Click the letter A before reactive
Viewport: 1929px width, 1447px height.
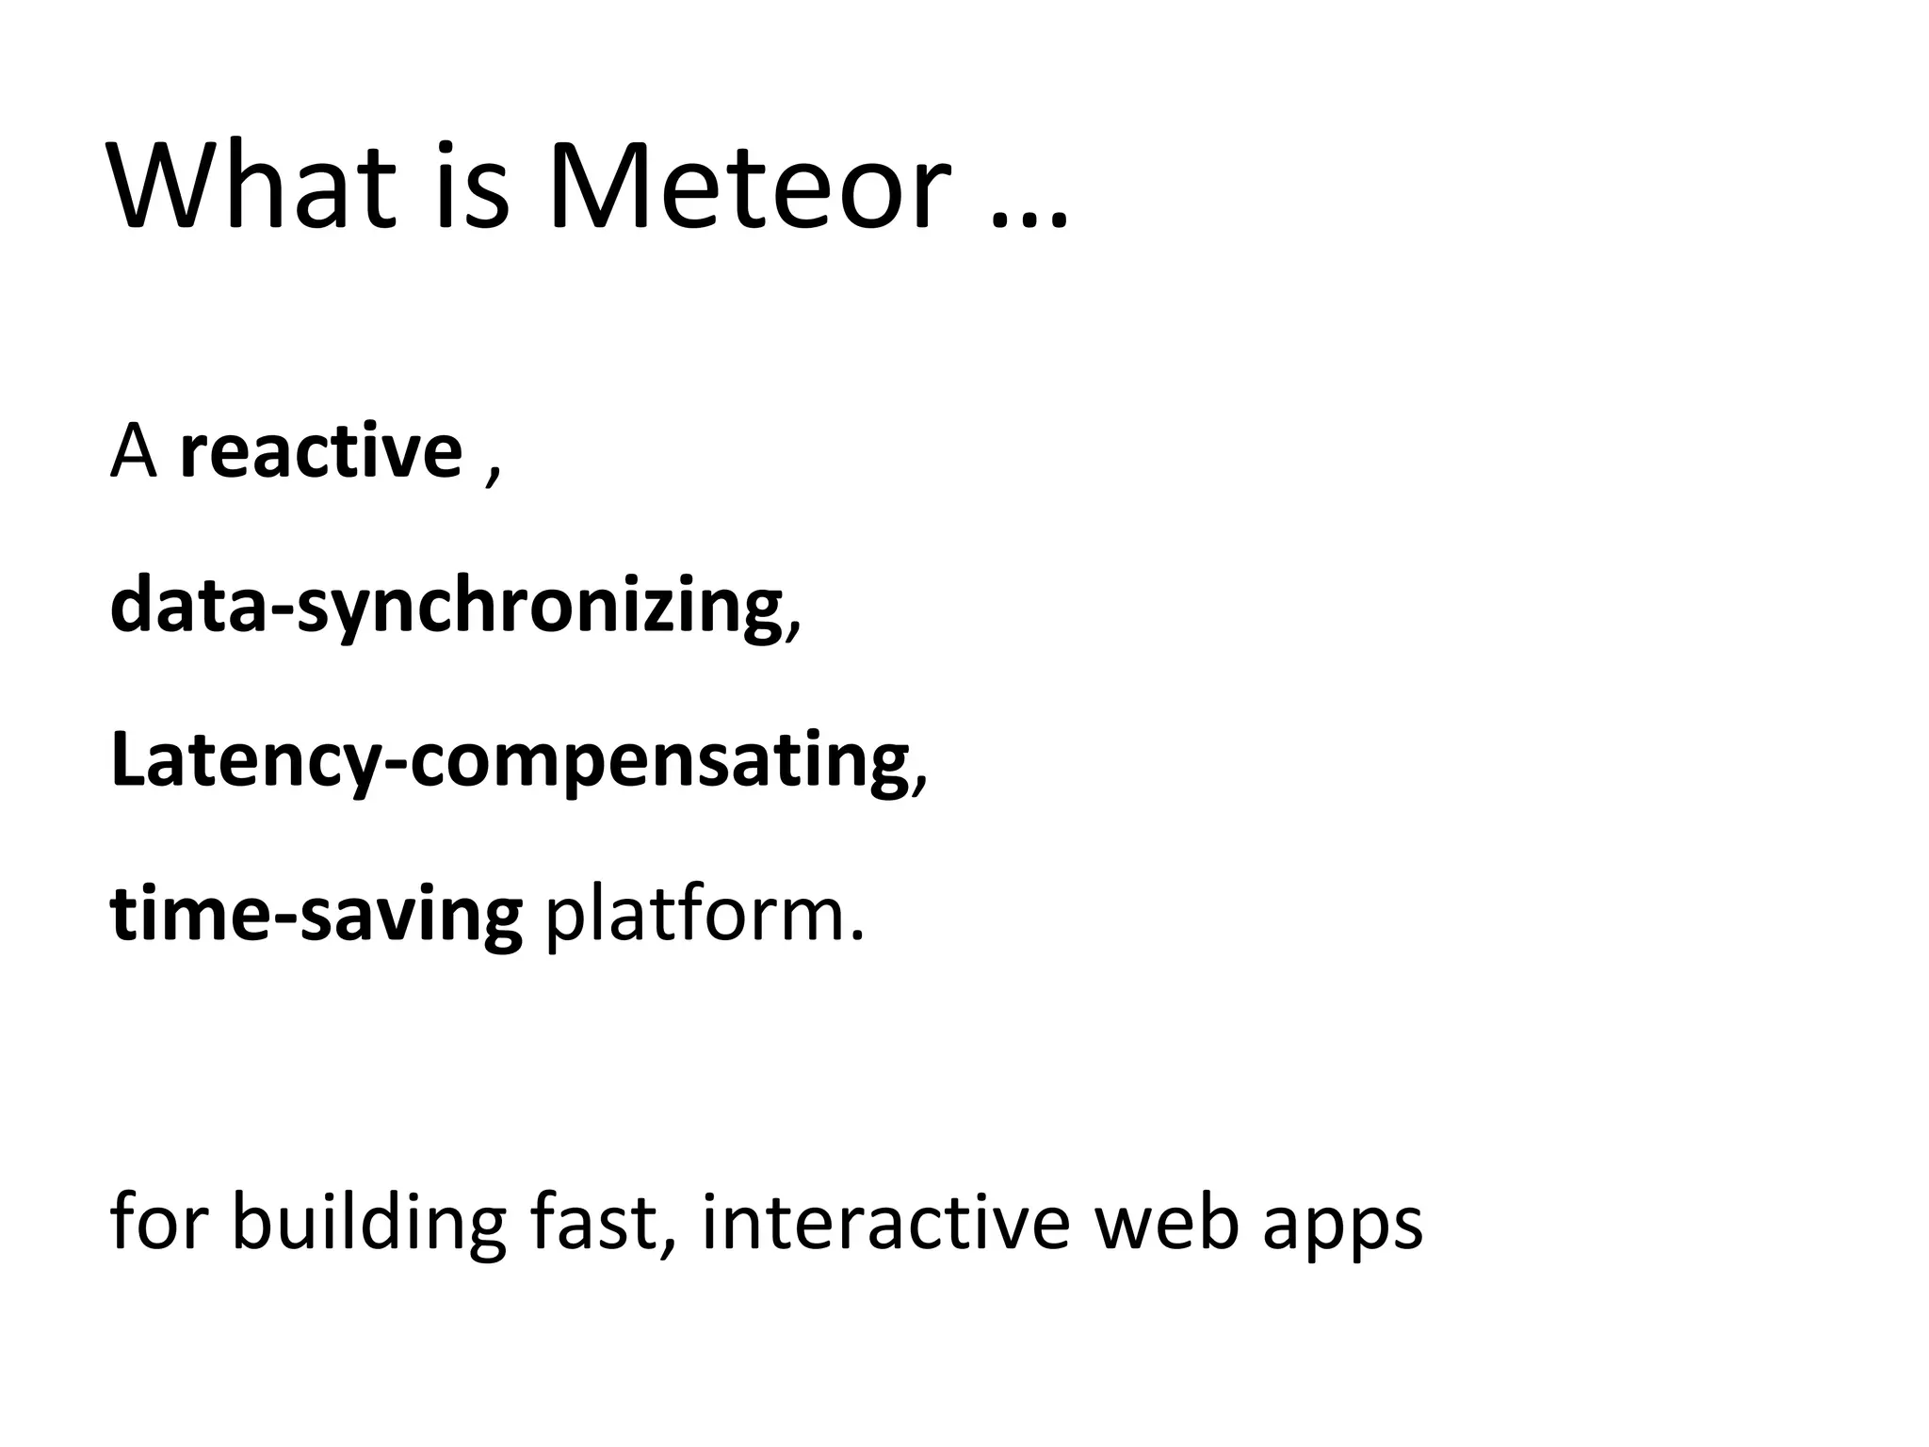click(x=133, y=452)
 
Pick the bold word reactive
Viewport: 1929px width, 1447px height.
click(x=320, y=452)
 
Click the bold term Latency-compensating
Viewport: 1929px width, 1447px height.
click(x=509, y=761)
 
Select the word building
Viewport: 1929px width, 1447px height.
click(x=368, y=1222)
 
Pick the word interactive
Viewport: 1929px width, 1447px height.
click(x=886, y=1222)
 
